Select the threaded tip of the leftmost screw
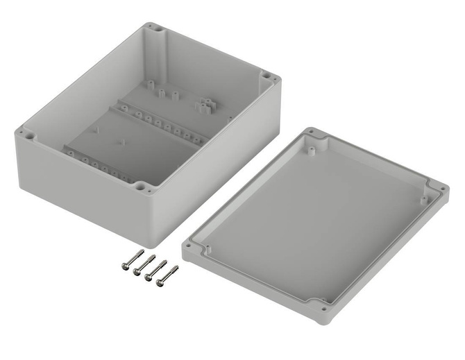tap(142, 251)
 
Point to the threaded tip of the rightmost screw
tap(177, 267)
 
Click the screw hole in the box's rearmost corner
tap(155, 29)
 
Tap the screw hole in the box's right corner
tap(267, 76)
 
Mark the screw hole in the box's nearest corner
tap(142, 186)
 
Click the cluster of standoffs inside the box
tap(205, 106)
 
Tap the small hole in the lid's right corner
tap(443, 187)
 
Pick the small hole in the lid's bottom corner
tap(325, 309)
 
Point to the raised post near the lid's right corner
tap(423, 198)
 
